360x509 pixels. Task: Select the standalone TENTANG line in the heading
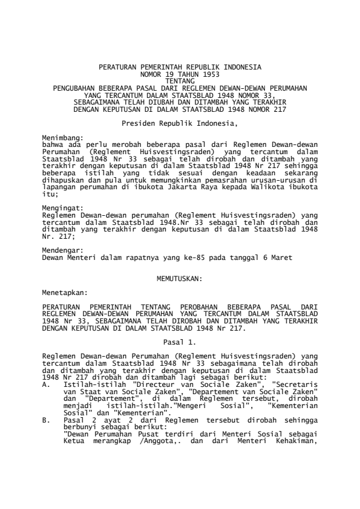click(180, 79)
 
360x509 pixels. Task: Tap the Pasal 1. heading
click(180, 341)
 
